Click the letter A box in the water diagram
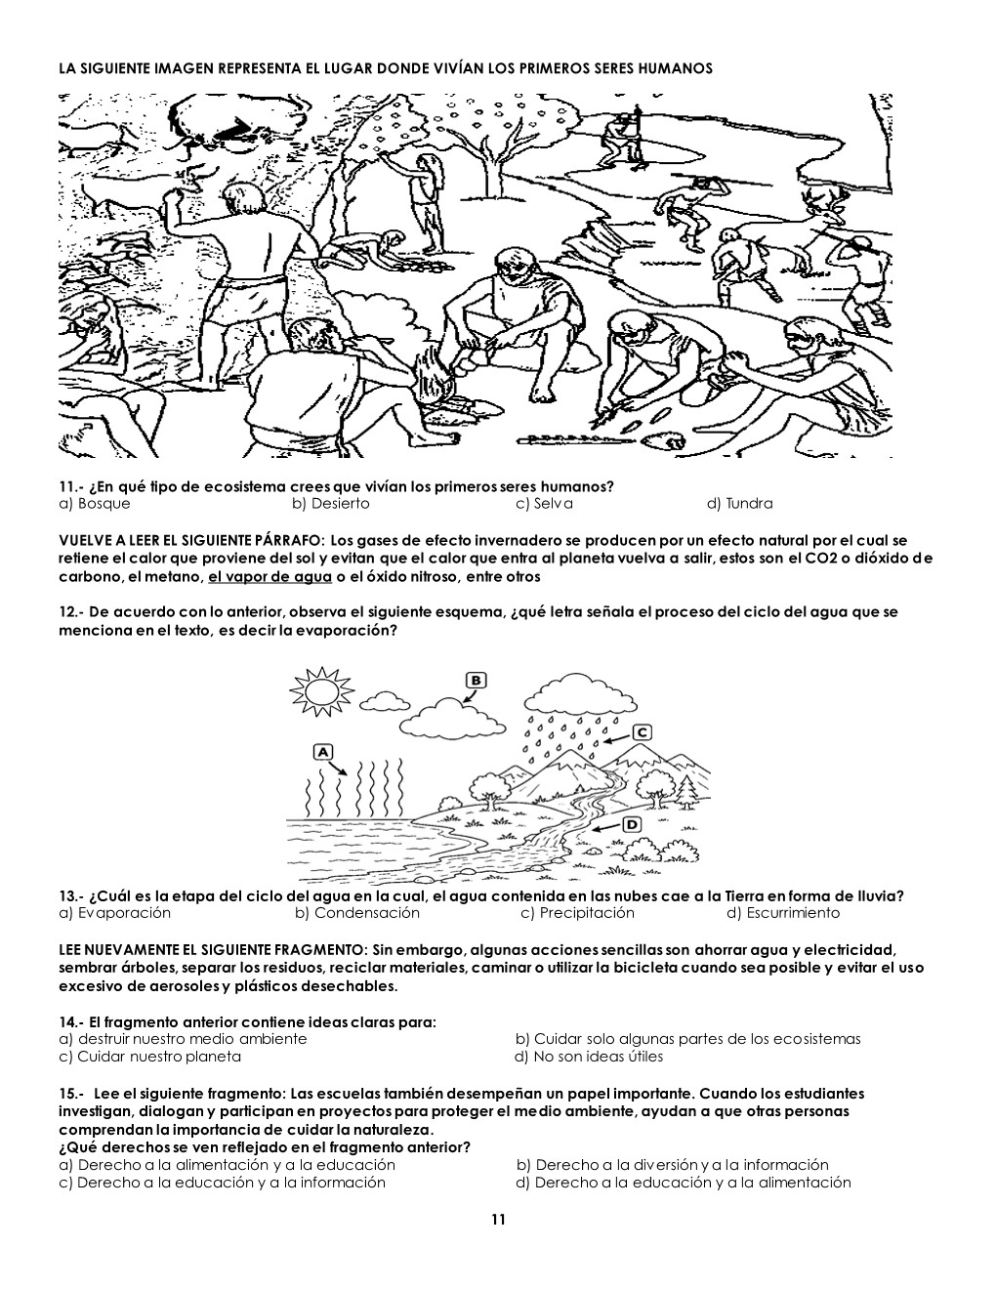(322, 752)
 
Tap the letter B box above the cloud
(477, 680)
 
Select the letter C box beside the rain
(642, 733)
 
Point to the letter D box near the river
(633, 824)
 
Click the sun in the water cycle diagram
(322, 692)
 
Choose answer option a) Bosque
(95, 504)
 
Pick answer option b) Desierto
(331, 504)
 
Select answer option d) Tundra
(740, 504)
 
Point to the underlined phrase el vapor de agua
(270, 576)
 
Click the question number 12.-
(72, 612)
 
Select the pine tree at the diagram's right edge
(688, 791)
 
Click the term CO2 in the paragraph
(824, 559)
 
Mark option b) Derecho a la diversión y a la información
(673, 1164)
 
